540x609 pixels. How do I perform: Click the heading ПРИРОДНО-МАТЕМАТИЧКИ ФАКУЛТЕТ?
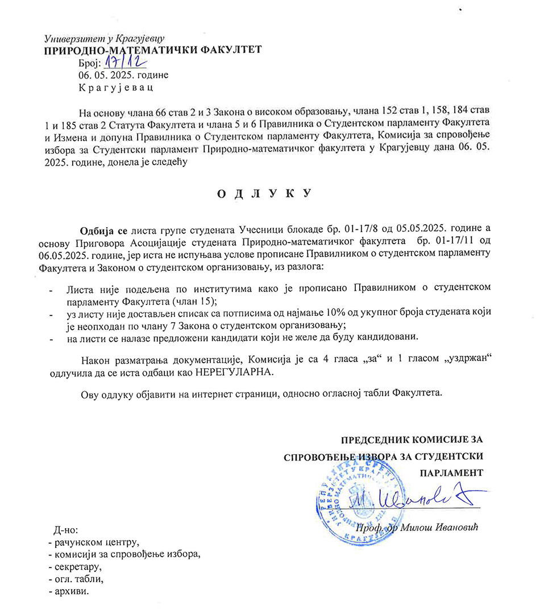[x=153, y=50]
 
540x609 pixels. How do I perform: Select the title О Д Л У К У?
[x=265, y=194]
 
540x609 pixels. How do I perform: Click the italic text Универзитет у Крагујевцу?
[x=104, y=39]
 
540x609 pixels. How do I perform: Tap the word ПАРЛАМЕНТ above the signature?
[x=451, y=472]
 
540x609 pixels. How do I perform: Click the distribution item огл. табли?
[x=77, y=579]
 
